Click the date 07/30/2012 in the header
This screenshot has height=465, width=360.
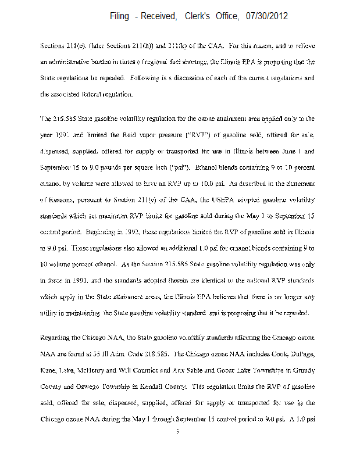265,16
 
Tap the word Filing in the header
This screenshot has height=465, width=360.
120,16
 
